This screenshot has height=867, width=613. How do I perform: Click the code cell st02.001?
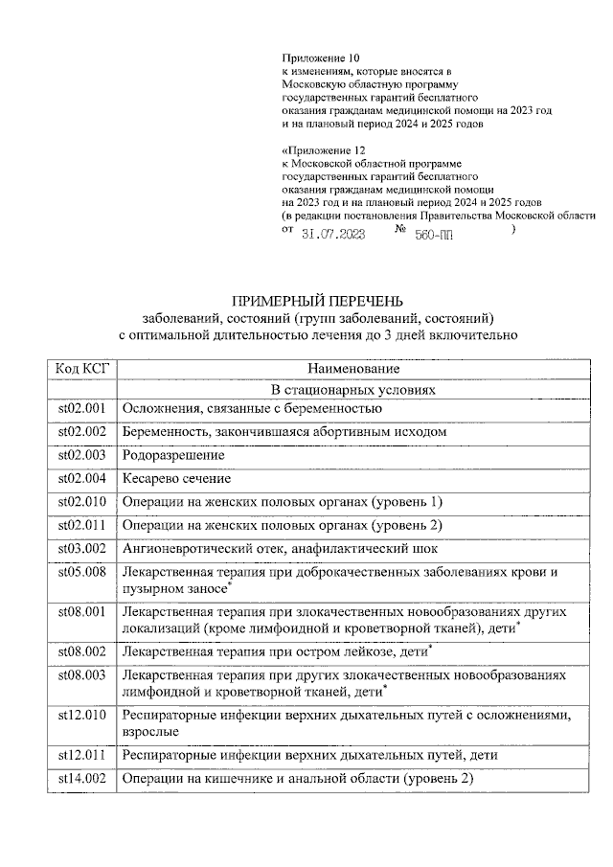(x=81, y=409)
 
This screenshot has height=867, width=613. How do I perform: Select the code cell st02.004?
(x=81, y=478)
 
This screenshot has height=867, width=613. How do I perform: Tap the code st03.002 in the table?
(x=81, y=549)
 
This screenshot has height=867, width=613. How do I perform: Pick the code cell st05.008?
(x=81, y=572)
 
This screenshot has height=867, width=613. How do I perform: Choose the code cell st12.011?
(x=81, y=755)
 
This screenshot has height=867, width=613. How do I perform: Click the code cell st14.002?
(x=81, y=779)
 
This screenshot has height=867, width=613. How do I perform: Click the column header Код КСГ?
(x=81, y=368)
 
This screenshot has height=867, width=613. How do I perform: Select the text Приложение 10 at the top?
(x=323, y=58)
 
